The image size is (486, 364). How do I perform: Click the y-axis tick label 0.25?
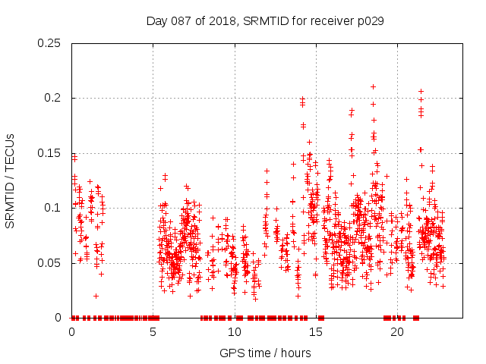[x=49, y=43]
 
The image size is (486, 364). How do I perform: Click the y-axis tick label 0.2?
[x=52, y=99]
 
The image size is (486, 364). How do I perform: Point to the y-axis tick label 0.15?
[x=49, y=153]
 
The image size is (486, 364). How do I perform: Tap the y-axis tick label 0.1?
[x=52, y=208]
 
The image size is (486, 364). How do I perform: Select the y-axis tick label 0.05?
[x=49, y=263]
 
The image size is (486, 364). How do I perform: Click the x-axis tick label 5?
[x=153, y=332]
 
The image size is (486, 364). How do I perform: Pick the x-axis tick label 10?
[x=235, y=332]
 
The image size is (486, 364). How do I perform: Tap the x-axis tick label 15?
[x=316, y=332]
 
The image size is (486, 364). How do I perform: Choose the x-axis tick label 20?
[x=398, y=332]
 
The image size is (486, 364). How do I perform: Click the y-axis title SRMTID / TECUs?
[x=10, y=180]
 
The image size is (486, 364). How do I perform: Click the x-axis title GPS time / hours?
[x=265, y=353]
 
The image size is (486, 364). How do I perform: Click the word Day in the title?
[x=156, y=21]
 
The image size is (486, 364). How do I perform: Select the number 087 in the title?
[x=181, y=21]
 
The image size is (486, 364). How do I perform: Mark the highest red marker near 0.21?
[x=373, y=86]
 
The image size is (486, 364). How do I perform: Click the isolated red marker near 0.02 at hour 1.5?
[x=96, y=296]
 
